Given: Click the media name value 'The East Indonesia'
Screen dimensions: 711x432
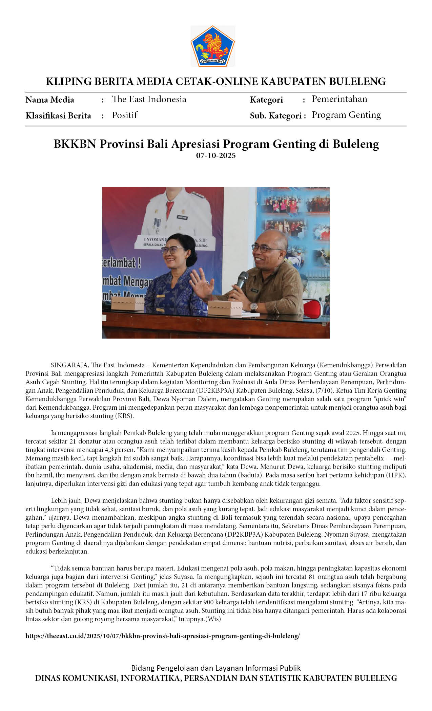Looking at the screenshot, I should coord(149,99).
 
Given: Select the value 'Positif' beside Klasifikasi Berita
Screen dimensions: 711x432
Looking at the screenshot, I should coord(124,115).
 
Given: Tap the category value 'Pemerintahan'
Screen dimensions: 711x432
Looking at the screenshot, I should coord(339,99).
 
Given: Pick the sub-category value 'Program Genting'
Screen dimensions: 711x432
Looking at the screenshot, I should coord(346,115).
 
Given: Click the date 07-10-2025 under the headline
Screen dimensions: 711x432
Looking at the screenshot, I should coord(216,156).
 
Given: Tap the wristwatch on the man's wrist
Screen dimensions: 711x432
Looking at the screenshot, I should coord(253,306).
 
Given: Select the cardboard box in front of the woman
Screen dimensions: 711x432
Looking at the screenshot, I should coord(128,303).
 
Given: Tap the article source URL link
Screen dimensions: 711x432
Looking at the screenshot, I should coord(163,636).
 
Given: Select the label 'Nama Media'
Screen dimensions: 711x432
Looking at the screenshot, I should coord(50,100).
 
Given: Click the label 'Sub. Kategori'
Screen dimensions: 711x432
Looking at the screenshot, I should coord(275,116).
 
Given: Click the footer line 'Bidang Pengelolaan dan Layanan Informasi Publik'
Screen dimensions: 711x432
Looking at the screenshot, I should coord(216,668).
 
